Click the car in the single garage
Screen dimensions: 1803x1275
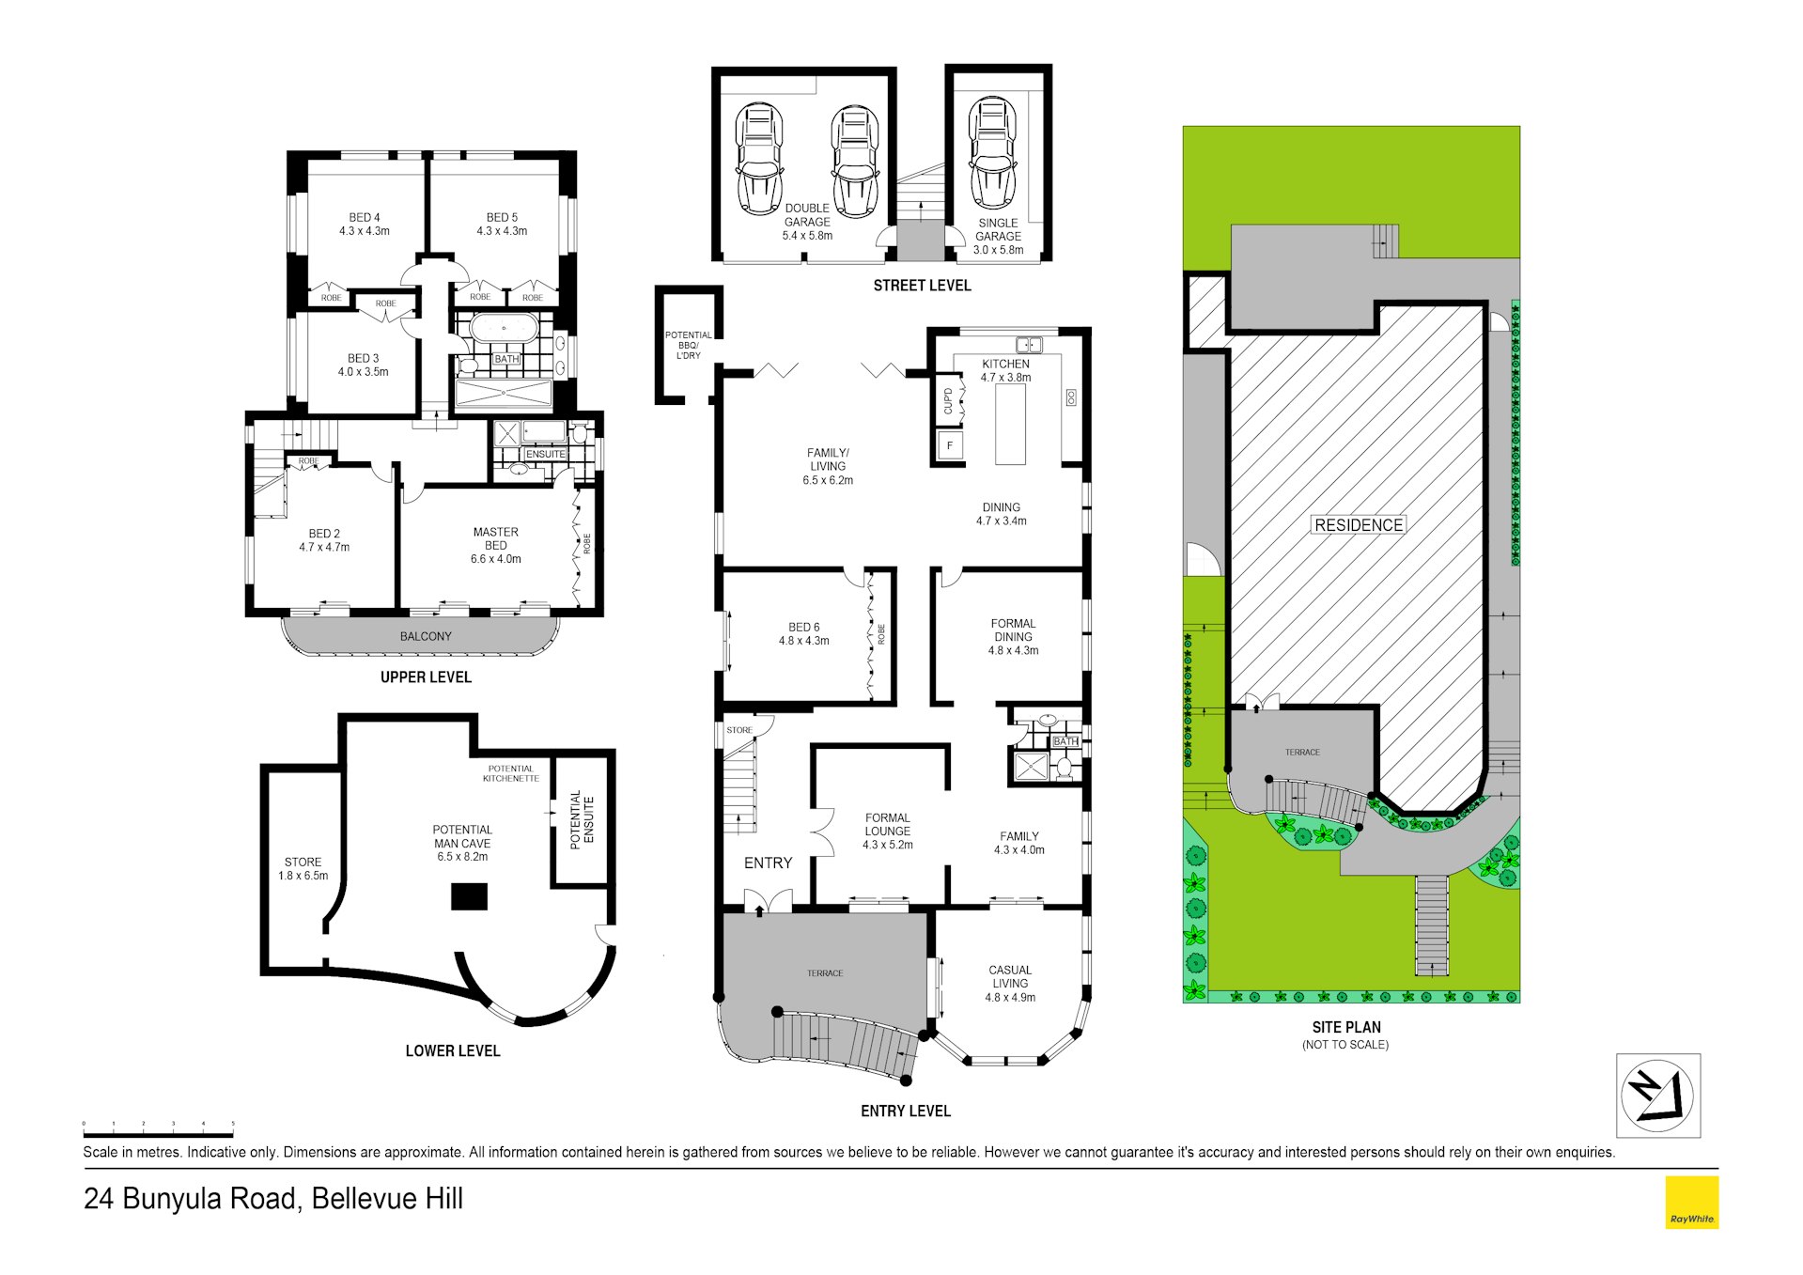point(992,152)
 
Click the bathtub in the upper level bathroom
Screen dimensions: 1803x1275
point(504,329)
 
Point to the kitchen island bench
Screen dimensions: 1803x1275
point(1011,424)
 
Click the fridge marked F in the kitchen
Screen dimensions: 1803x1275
point(950,445)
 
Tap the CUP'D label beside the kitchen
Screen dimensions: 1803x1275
point(948,401)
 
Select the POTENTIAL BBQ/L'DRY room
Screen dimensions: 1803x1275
point(689,345)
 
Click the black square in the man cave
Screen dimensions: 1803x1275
point(469,896)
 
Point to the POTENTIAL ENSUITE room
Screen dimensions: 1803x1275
point(583,819)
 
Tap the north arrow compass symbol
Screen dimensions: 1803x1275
point(1658,1096)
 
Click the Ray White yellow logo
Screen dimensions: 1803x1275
point(1691,1203)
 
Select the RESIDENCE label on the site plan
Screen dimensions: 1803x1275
point(1359,525)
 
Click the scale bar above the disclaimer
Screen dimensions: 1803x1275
point(158,1135)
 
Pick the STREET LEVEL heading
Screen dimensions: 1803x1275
point(922,286)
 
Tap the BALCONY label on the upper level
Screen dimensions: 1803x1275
point(426,636)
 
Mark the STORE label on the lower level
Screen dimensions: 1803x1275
point(303,862)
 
